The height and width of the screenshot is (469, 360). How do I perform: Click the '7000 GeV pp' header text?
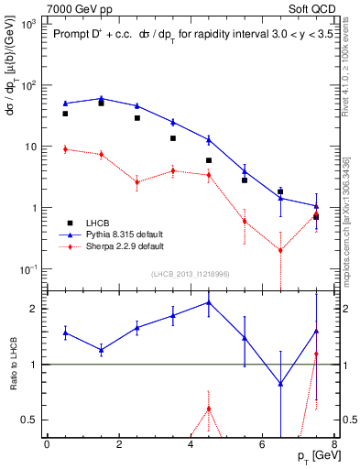pos(74,7)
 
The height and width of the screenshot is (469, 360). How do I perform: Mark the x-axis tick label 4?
pos(191,444)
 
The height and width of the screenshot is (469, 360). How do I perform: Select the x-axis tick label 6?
pos(263,444)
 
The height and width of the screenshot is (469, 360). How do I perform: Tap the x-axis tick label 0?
pos(47,444)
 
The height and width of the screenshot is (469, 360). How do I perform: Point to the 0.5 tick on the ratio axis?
pos(31,420)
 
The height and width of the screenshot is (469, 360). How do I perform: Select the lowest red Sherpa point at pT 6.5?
pos(280,250)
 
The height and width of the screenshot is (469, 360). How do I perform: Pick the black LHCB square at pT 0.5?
pos(65,114)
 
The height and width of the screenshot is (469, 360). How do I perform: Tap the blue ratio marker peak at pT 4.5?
pos(209,301)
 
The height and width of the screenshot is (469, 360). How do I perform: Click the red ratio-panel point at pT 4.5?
pos(209,409)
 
